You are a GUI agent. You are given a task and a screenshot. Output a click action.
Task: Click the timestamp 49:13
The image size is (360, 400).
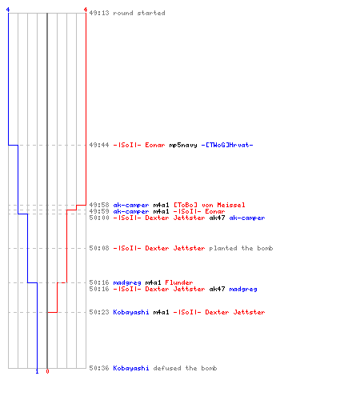99,13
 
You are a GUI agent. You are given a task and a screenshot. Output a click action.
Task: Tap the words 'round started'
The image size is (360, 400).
139,13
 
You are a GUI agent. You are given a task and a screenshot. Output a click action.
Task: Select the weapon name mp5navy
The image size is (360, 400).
183,145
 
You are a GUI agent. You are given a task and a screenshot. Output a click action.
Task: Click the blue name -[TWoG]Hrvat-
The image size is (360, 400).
227,145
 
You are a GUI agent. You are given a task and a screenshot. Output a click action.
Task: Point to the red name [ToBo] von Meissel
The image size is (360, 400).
210,205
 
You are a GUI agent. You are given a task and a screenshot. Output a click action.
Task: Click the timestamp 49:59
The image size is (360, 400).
99,211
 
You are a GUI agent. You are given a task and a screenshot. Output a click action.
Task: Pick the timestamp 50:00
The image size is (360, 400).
99,218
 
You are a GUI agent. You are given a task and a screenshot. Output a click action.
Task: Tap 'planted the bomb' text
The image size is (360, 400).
241,248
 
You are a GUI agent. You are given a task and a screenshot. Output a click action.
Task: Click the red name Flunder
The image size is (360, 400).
179,282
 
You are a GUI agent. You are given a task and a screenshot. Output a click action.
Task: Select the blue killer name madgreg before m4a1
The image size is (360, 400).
127,282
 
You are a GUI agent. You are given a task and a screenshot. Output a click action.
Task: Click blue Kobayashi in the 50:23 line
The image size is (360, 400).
131,312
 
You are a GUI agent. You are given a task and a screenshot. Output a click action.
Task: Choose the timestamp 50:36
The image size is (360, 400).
99,368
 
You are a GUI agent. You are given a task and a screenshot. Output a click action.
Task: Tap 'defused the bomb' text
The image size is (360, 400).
185,368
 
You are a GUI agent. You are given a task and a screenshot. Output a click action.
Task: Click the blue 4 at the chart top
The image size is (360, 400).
8,10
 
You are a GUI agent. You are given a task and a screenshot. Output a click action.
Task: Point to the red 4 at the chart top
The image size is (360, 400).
86,10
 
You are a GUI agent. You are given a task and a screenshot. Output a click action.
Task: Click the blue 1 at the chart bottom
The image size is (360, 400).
37,371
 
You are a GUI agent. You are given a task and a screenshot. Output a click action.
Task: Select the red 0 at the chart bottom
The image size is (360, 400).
47,371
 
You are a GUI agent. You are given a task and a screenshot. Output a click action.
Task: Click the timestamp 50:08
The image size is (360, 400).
99,248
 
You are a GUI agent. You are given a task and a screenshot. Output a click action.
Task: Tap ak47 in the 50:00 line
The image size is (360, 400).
217,218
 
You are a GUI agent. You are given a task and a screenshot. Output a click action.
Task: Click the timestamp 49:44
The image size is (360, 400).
99,145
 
